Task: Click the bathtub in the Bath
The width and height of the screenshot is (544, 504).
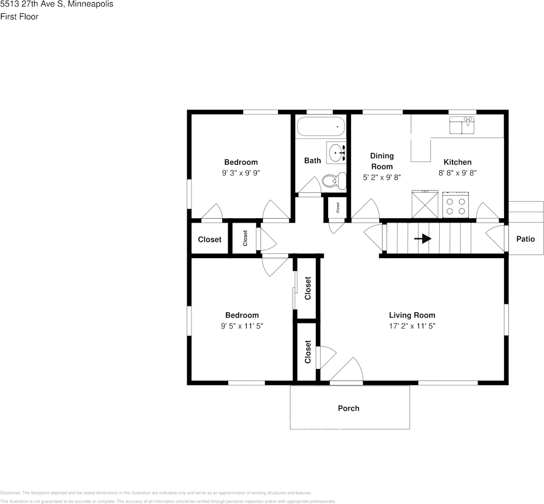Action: (x=321, y=127)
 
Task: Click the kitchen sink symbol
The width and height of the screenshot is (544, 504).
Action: (x=462, y=126)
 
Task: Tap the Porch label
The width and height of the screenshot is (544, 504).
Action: (x=348, y=408)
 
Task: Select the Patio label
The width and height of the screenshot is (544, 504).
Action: (x=525, y=239)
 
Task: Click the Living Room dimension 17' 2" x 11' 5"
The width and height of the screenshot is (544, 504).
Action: (x=412, y=326)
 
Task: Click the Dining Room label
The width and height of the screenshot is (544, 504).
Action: (x=382, y=161)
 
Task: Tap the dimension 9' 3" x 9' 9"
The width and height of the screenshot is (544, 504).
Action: (x=241, y=173)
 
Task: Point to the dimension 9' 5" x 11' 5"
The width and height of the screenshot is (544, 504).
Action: (x=242, y=326)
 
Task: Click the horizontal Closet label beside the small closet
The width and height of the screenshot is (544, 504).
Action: (x=210, y=240)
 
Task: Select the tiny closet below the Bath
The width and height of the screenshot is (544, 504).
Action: (x=337, y=209)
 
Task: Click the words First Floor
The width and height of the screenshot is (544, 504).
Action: (x=19, y=16)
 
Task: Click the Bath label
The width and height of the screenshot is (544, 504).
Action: (x=312, y=160)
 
